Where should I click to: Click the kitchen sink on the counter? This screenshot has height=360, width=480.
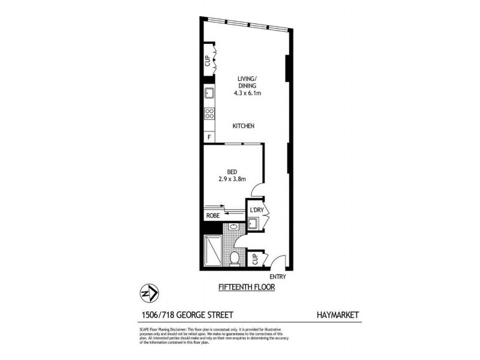pyautogui.click(x=209, y=94)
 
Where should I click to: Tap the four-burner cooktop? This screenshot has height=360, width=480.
pyautogui.click(x=209, y=112)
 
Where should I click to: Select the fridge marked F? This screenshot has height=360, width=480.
pyautogui.click(x=209, y=137)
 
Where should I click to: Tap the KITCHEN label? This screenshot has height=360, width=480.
pyautogui.click(x=245, y=126)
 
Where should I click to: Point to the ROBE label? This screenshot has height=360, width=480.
pyautogui.click(x=212, y=215)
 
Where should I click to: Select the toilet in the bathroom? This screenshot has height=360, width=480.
pyautogui.click(x=235, y=258)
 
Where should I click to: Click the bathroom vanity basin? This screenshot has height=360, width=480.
pyautogui.click(x=232, y=227)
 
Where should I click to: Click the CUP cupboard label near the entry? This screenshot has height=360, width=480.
pyautogui.click(x=255, y=259)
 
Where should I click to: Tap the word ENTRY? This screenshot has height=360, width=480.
pyautogui.click(x=278, y=277)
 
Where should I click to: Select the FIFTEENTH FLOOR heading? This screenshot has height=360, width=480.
pyautogui.click(x=242, y=289)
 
